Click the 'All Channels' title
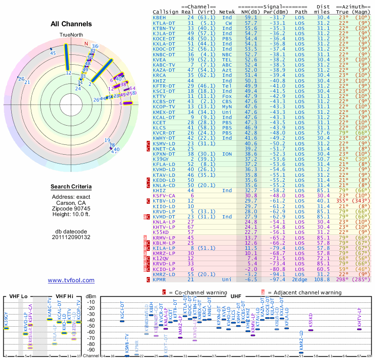pos(71,24)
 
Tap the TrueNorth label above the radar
pos(71,35)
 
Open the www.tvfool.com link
pos(71,280)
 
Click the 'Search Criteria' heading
pos(71,187)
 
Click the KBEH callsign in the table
pos(159,17)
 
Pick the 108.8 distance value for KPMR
pos(322,279)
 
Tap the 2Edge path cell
pos(300,279)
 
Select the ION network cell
pos(228,153)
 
